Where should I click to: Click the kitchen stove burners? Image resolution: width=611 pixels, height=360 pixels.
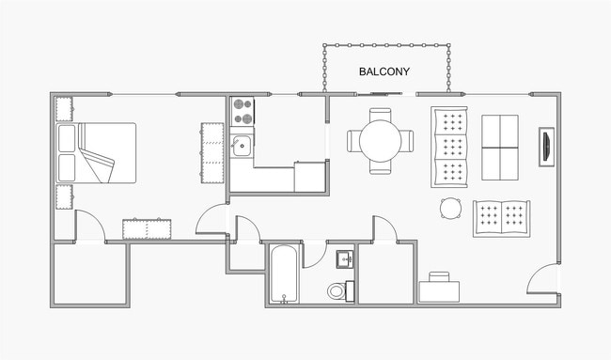[243, 112]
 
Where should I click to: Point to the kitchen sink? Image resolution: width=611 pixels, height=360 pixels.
[242, 146]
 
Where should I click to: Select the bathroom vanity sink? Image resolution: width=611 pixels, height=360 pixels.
[344, 258]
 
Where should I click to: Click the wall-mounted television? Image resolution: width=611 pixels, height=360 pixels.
[544, 149]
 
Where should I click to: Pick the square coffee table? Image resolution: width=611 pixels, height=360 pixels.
[499, 147]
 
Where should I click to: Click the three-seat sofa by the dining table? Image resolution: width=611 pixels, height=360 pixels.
[449, 147]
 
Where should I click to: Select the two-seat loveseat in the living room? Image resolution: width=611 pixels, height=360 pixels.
[501, 218]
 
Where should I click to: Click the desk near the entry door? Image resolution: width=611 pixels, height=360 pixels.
[439, 287]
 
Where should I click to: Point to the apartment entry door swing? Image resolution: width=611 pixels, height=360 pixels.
[542, 279]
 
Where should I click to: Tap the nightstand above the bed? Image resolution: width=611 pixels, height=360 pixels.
[65, 109]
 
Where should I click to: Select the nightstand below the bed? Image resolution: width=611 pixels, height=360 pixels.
[65, 197]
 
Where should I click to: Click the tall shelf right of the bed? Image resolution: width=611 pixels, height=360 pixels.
[209, 153]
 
